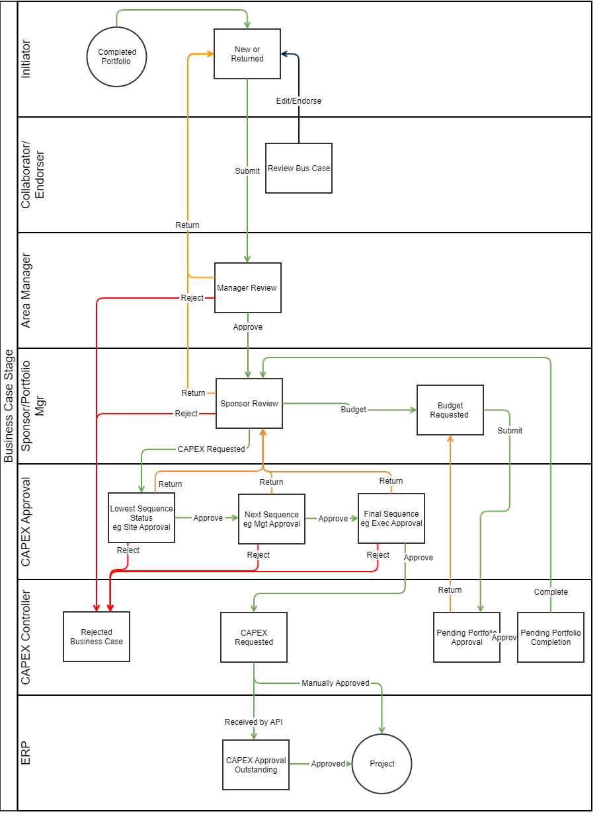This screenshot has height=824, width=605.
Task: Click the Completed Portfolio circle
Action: point(116,57)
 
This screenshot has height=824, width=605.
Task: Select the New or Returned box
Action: point(247,54)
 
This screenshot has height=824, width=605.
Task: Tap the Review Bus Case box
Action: point(299,168)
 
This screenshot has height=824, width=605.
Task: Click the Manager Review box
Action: point(247,287)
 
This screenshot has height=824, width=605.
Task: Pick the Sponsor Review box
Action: point(249,403)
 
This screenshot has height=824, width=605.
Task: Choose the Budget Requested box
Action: point(450,410)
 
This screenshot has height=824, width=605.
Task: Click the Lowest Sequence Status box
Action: point(141,517)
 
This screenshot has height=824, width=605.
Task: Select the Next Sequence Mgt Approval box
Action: point(272,519)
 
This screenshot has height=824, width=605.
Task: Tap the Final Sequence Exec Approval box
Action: point(391,518)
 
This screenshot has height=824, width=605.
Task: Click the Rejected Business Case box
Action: point(97,636)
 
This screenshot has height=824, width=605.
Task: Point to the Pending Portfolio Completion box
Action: point(550,637)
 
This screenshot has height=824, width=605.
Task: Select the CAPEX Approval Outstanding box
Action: point(256,765)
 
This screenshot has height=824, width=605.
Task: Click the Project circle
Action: point(382,763)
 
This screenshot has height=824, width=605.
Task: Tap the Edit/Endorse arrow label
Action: point(299,101)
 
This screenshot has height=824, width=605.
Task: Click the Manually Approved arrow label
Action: point(335,683)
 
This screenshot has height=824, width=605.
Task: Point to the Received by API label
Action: point(253,722)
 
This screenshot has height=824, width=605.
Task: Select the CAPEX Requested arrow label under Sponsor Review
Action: point(212,449)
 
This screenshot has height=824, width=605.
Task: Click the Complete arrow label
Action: point(551,592)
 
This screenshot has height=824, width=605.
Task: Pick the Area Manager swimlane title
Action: point(26,290)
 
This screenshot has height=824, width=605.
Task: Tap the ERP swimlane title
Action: point(26,753)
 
